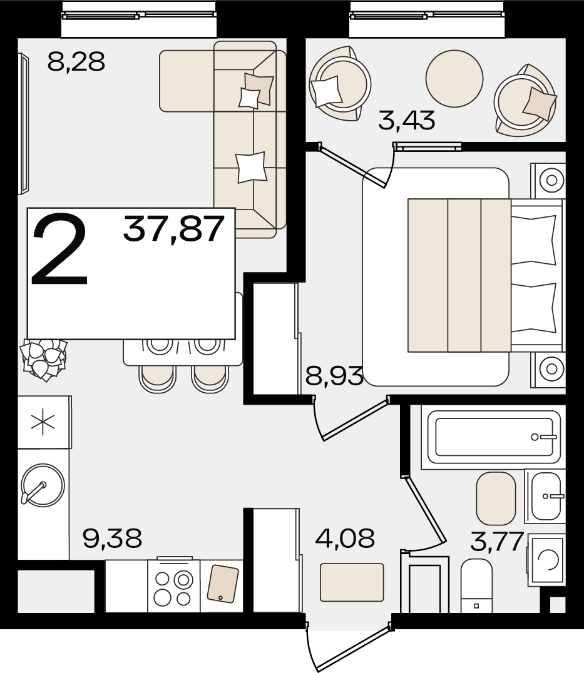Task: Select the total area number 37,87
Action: [x=173, y=228]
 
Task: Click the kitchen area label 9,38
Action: [x=112, y=539]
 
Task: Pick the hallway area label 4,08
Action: [x=345, y=539]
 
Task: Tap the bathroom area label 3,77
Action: [x=497, y=542]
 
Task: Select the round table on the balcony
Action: [x=454, y=79]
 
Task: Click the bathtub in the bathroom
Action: [x=491, y=437]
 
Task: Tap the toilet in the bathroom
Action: [x=476, y=585]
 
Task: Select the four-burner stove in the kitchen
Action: [x=174, y=587]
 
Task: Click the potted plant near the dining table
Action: [x=44, y=359]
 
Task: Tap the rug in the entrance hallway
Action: [x=352, y=582]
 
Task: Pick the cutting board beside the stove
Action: [x=222, y=584]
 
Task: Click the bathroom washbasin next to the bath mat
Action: [x=545, y=496]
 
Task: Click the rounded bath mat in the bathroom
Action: [x=496, y=498]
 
